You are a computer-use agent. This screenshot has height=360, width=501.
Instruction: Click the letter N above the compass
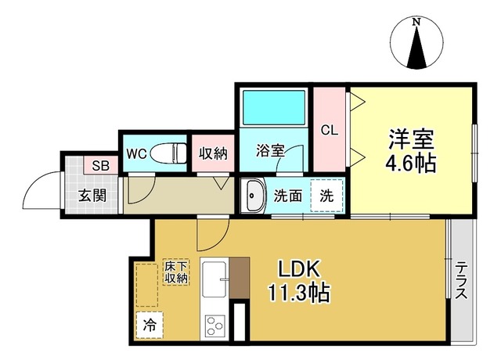point(416,22)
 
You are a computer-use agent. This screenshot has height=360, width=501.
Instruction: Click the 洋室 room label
point(411,139)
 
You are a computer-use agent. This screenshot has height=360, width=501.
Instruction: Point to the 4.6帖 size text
point(410,164)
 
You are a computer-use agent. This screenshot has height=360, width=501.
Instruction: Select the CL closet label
point(330,130)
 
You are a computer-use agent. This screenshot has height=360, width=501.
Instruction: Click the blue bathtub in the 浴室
point(274,107)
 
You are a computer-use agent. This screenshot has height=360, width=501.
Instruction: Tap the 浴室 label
point(270,151)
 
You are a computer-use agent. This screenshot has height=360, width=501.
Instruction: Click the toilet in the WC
point(168,153)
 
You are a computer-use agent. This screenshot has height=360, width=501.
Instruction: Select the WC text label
point(136,154)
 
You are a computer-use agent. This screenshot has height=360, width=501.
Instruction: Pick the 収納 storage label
point(213,153)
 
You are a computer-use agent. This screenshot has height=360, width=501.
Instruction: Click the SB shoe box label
point(101,165)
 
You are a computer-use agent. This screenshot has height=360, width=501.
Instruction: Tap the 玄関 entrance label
point(92,195)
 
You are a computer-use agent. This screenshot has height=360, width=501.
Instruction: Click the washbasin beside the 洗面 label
point(253,196)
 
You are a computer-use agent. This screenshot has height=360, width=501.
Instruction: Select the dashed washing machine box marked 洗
point(327,195)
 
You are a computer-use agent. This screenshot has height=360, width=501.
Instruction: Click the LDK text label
point(299,269)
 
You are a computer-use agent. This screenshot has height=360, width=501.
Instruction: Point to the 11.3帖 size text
point(299,292)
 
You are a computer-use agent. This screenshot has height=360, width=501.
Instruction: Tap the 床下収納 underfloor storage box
point(176,272)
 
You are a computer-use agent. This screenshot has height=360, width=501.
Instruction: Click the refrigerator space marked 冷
point(150,325)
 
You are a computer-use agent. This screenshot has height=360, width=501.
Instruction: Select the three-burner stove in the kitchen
point(214,326)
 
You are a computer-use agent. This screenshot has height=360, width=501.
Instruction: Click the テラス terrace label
point(461,280)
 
